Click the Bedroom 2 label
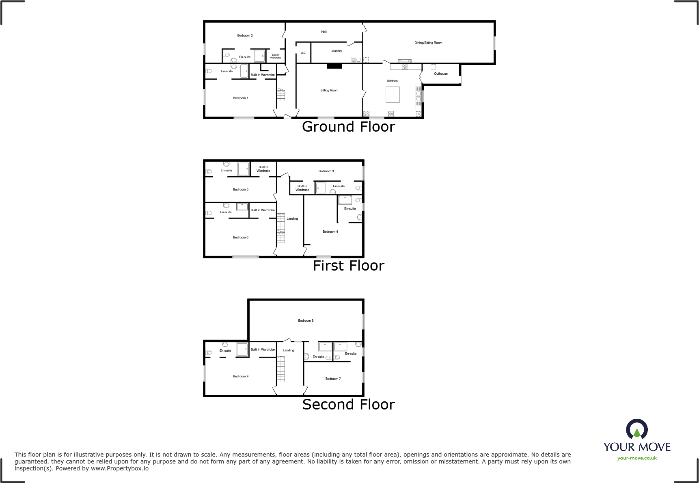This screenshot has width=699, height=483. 245,36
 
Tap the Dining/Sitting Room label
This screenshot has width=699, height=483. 428,43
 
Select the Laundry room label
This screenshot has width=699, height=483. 336,51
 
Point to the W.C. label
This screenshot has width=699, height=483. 303,53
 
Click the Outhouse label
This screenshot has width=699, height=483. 441,74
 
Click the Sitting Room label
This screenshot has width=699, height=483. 329,91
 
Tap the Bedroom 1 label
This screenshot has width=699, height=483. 240,98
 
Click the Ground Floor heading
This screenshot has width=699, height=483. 348,127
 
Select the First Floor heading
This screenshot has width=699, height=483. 348,266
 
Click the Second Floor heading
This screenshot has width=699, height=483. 348,405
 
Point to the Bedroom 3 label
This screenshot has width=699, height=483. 326,171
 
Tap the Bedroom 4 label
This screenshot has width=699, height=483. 330,232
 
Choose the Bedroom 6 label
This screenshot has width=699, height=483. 240,238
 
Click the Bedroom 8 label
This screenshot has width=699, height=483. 306,321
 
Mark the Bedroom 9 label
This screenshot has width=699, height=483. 240,377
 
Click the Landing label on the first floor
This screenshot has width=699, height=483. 292,219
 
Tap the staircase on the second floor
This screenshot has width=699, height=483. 281,369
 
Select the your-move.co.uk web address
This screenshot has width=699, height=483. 637,458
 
